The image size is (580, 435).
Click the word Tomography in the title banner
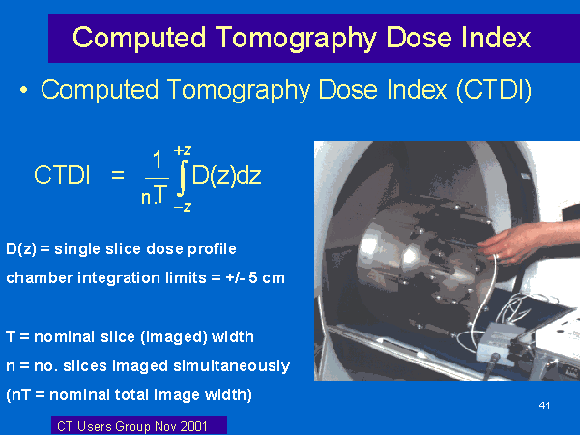click(x=296, y=39)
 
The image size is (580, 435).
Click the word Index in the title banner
click(x=496, y=37)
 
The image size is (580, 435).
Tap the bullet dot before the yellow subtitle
click(x=24, y=90)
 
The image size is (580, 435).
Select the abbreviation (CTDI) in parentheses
click(x=494, y=90)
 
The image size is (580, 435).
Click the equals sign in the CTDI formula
click(x=118, y=174)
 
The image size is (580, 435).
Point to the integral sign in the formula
click(x=182, y=178)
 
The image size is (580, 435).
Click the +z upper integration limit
click(x=183, y=151)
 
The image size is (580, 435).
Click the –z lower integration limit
click(x=183, y=207)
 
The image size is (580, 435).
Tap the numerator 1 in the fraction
click(x=158, y=159)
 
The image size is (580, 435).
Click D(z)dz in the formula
click(x=227, y=175)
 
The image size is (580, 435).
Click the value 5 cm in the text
click(x=267, y=277)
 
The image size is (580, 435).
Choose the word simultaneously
click(x=232, y=365)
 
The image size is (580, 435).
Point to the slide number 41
click(x=544, y=406)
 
